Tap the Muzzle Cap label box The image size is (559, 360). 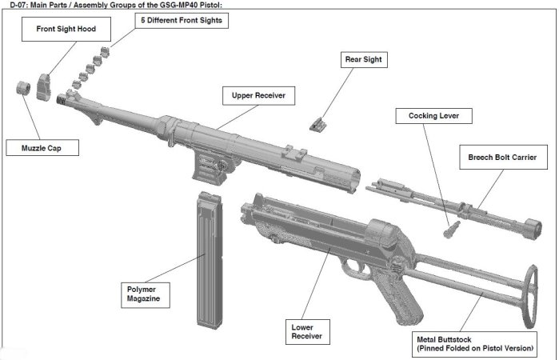(32, 148)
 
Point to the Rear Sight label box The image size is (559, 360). (364, 58)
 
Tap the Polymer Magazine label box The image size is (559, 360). (143, 293)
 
